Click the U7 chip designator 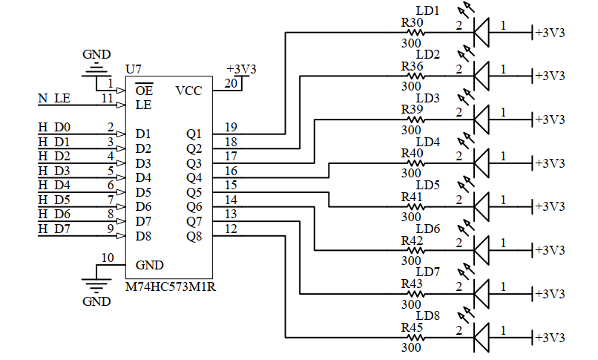[134, 69]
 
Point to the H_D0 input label [54, 128]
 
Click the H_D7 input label [54, 229]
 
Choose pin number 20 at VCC [231, 83]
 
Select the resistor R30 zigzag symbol [413, 33]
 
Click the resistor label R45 [412, 327]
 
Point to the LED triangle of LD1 [482, 32]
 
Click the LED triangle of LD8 [482, 337]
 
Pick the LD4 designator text [428, 142]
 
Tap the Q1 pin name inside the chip [194, 134]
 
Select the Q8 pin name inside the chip [194, 236]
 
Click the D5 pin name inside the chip [143, 192]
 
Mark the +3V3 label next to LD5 [550, 206]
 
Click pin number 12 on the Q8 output [231, 229]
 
